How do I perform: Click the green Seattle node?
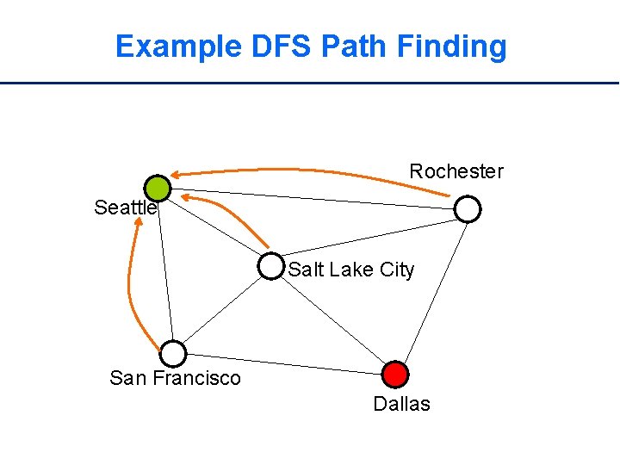(158, 188)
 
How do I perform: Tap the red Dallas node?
(394, 374)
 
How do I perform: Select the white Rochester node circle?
(467, 208)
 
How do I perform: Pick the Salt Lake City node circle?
(270, 267)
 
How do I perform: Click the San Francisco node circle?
(173, 353)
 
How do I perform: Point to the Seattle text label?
(125, 208)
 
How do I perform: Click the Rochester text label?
(456, 171)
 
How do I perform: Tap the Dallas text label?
(401, 404)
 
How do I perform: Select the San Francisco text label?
(176, 378)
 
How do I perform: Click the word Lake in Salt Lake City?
(349, 270)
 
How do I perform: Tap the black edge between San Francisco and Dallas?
(284, 363)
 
